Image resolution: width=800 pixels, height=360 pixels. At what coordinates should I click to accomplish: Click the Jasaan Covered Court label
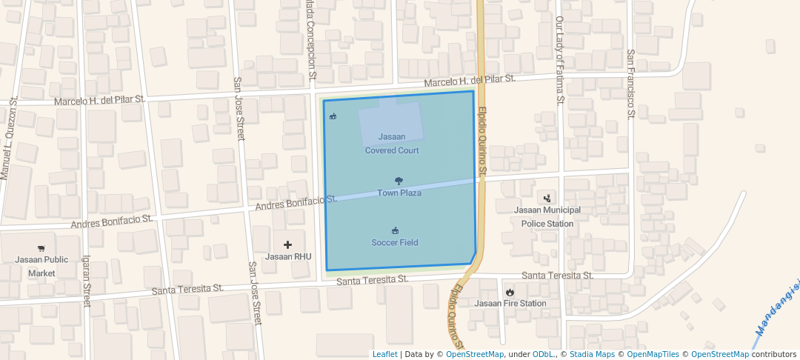point(392,144)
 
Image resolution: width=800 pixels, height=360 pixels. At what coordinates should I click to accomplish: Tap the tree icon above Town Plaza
point(399,181)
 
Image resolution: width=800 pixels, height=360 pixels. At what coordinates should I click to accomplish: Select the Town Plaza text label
point(399,193)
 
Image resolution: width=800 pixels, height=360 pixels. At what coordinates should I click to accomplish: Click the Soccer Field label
point(395,243)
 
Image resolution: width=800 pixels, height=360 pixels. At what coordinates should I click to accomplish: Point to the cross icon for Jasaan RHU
point(288,244)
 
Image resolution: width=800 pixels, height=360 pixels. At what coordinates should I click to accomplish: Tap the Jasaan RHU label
point(288,257)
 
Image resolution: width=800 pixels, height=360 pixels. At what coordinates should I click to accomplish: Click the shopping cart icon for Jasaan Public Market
point(41,248)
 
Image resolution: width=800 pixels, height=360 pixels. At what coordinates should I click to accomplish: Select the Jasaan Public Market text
point(41,266)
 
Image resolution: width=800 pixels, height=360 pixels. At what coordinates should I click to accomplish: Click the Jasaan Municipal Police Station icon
point(547,198)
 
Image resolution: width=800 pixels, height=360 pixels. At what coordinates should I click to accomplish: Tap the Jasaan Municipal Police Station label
point(547,216)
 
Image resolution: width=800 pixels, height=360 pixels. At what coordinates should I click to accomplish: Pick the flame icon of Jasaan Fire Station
point(510,292)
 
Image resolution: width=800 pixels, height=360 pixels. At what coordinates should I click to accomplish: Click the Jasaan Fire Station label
point(510,304)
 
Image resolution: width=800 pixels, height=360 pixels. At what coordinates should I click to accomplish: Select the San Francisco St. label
point(631,83)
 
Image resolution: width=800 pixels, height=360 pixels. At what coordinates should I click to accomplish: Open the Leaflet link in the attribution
point(384,354)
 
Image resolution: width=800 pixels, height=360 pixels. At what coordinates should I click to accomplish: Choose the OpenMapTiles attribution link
point(648,354)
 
